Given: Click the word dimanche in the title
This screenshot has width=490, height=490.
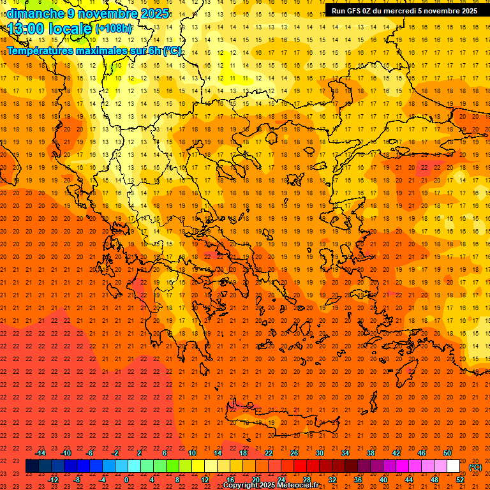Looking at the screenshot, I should coord(36,13).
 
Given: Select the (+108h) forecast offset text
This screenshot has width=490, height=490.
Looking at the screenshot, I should coord(114,29).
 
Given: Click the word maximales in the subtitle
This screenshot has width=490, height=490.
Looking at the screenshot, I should coord(103,50).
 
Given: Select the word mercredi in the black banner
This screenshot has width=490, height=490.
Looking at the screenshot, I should coord(401,11).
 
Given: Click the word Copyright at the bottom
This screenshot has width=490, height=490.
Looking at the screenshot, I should coord(241,486).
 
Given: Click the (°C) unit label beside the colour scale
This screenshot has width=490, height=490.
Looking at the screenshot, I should coord(475,467).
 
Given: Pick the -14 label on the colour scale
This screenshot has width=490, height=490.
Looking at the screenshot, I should coord(40,453).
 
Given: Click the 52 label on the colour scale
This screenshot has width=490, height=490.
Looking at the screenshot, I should coord(460,480).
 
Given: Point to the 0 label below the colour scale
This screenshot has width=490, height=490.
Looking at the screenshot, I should coord(126,480).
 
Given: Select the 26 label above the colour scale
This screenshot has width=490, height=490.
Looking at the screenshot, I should coord(294,453).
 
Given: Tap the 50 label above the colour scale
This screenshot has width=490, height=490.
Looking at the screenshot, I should coord(447,453).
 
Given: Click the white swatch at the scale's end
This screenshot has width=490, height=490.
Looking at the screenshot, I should coord(453,466).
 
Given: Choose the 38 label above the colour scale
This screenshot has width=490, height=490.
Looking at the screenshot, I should coord(371,453).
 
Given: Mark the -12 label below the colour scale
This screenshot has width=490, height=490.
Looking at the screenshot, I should coord(53,480).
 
